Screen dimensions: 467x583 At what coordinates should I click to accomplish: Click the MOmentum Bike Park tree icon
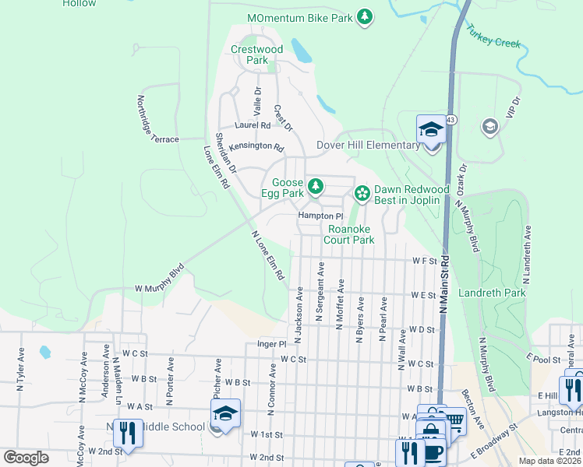(x=364, y=17)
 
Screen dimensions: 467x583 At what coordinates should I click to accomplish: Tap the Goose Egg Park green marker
(x=315, y=186)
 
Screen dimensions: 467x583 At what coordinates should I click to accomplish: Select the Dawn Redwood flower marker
(x=362, y=192)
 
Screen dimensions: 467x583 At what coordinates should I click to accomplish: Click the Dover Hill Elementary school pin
(x=430, y=129)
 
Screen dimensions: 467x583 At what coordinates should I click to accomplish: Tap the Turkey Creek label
(x=493, y=36)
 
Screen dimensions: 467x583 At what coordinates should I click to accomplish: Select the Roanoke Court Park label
(x=351, y=234)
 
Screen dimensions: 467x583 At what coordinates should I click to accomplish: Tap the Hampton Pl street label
(x=320, y=216)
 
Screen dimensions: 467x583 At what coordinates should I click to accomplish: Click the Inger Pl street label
(x=272, y=343)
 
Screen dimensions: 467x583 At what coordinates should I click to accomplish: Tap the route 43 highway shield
(x=451, y=120)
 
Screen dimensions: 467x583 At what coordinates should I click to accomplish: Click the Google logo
(x=26, y=457)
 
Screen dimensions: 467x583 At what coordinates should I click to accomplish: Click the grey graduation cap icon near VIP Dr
(x=489, y=126)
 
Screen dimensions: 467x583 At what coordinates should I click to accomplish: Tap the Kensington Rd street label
(x=256, y=146)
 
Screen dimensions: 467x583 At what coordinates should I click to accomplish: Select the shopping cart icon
(x=454, y=421)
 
